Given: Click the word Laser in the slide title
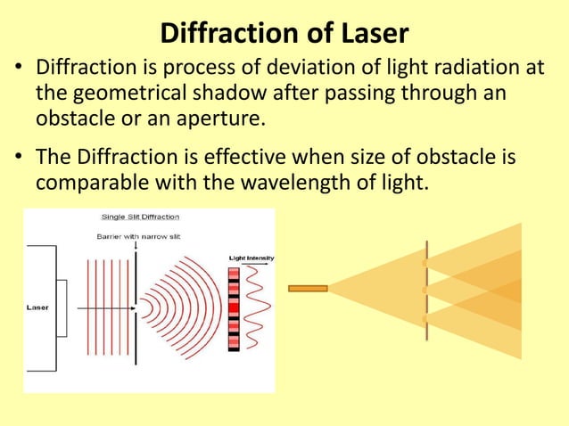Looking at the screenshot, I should [x=369, y=34].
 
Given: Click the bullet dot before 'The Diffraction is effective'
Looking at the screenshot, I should [x=18, y=158].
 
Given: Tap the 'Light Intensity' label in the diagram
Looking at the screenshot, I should [x=251, y=258].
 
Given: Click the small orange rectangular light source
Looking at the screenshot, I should [x=308, y=288].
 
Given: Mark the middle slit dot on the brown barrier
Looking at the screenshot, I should [x=425, y=290].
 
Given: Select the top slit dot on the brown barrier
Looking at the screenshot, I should [x=425, y=264].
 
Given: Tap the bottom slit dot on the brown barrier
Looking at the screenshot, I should [x=425, y=316].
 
